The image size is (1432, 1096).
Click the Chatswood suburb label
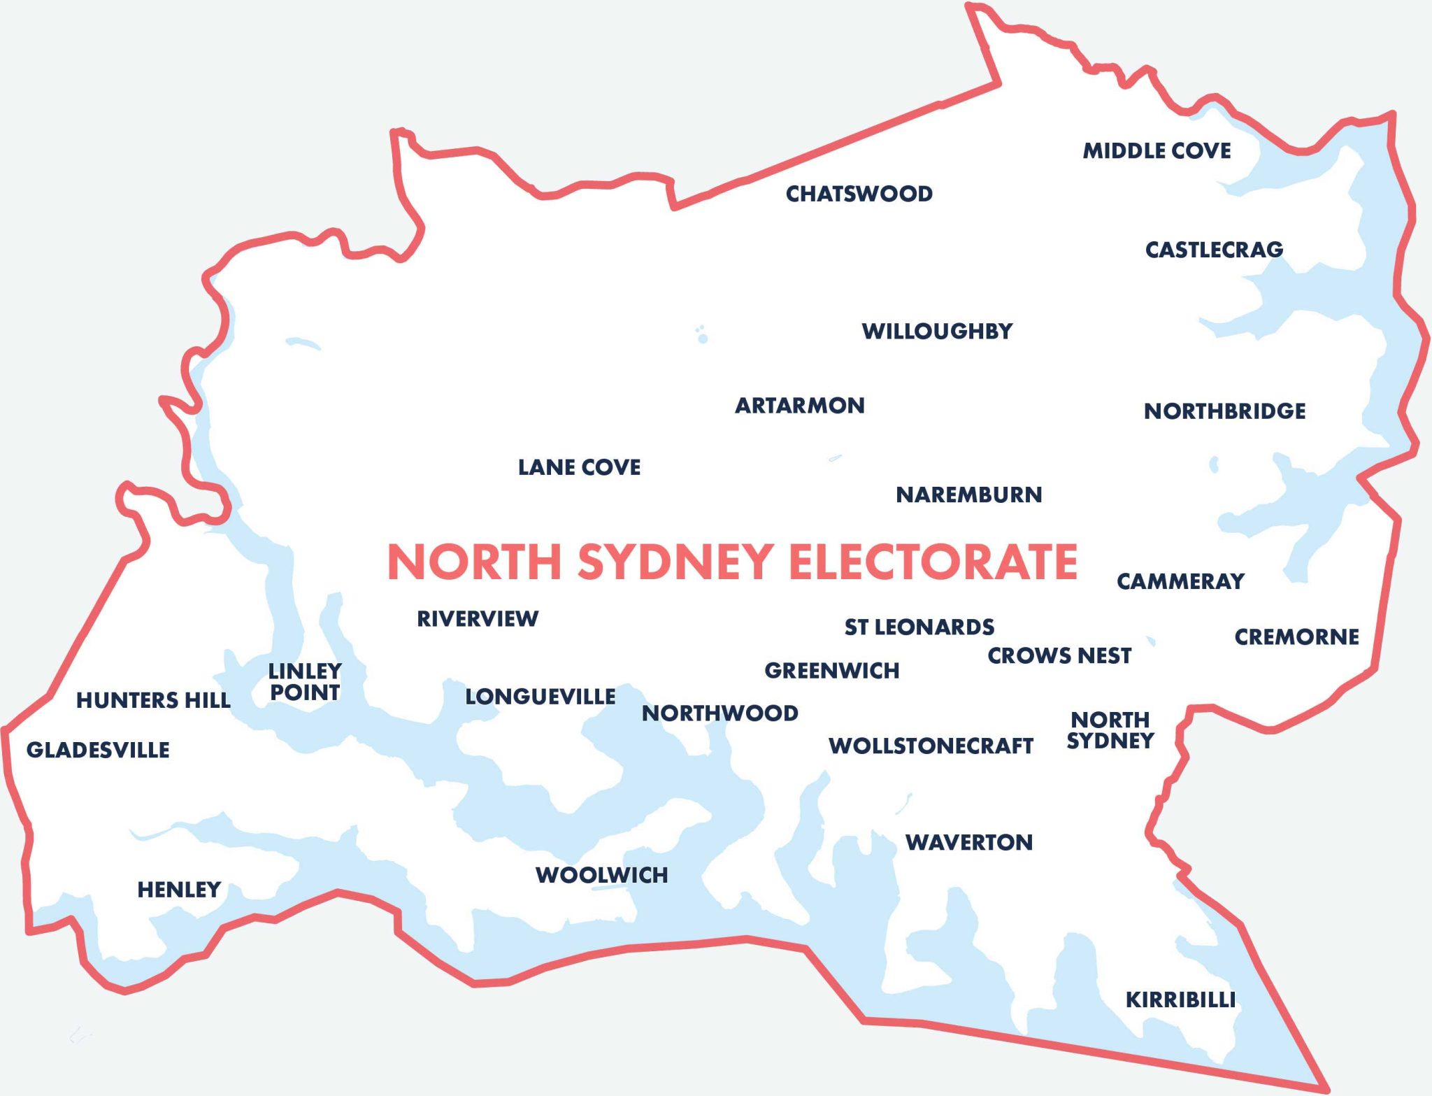[x=859, y=194]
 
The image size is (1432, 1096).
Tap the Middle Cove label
[x=1157, y=151]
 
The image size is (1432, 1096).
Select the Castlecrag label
[x=1214, y=250]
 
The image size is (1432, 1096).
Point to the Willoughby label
[x=937, y=331]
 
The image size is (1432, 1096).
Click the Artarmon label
[x=799, y=406]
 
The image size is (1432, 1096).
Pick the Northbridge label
[x=1224, y=411]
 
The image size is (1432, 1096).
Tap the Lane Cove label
[x=579, y=467]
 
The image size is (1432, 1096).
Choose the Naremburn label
[x=968, y=495]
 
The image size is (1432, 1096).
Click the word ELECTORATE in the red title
[x=933, y=562]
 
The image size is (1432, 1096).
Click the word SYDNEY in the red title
[x=675, y=562]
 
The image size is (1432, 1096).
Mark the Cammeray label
[x=1180, y=581]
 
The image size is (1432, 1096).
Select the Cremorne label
[x=1296, y=637]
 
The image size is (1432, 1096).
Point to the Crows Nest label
[x=1059, y=656]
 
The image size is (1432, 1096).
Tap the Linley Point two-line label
[x=305, y=682]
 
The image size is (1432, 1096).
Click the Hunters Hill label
[x=153, y=700]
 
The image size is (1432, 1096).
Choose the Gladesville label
[x=98, y=750]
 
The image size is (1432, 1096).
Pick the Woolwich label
[x=601, y=875]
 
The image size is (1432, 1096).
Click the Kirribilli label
[x=1180, y=1000]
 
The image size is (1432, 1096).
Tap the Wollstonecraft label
[x=931, y=746]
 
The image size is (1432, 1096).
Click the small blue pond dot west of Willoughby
[x=703, y=339]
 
